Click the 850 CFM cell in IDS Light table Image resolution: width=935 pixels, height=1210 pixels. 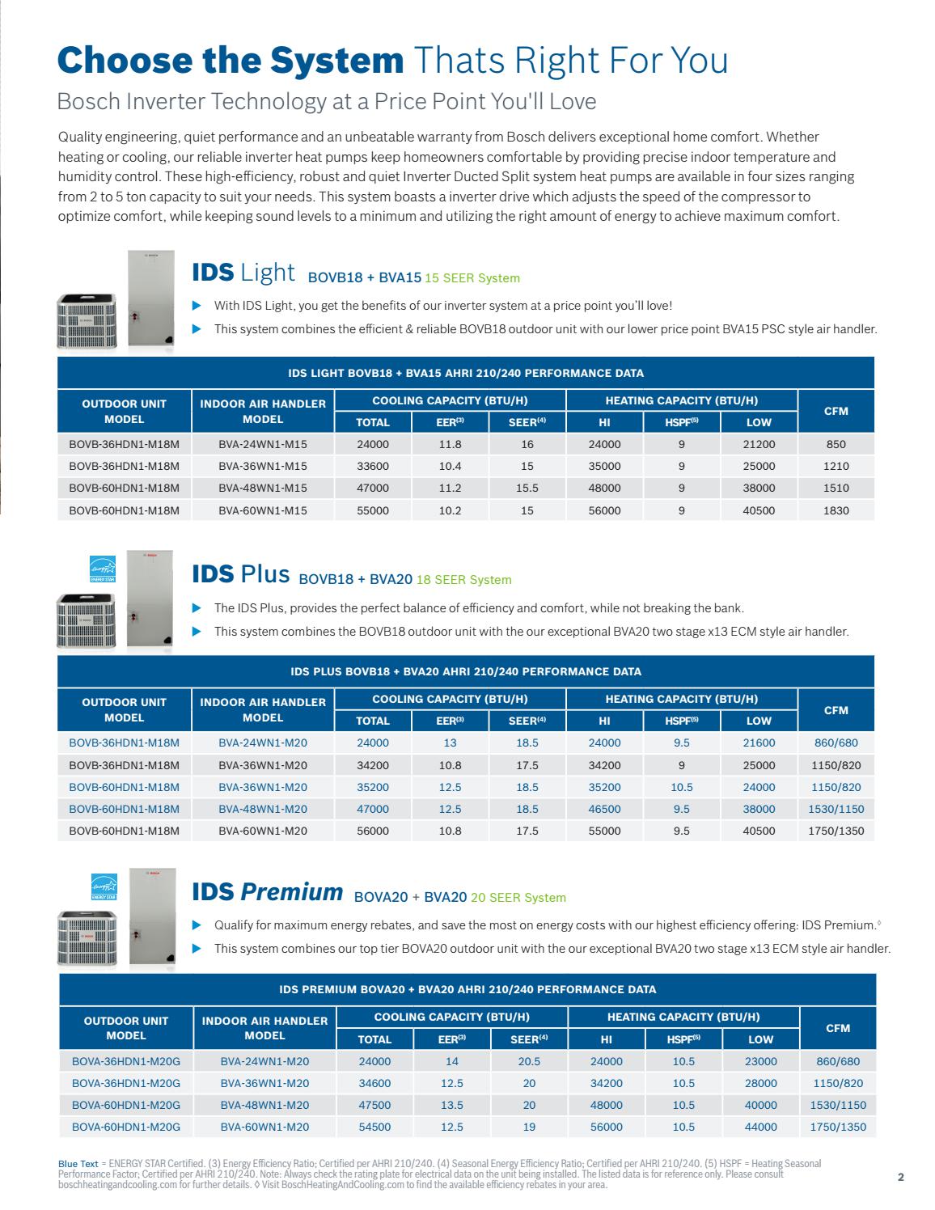(836, 444)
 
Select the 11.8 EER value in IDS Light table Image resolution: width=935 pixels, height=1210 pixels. (450, 444)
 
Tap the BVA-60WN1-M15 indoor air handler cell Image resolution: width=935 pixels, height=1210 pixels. (263, 510)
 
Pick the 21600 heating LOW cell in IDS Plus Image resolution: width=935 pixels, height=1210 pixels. (759, 742)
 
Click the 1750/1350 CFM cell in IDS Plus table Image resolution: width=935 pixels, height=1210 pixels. (836, 831)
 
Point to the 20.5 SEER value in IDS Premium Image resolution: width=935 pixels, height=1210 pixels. (529, 1061)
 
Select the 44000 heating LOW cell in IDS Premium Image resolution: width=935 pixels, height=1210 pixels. (760, 1127)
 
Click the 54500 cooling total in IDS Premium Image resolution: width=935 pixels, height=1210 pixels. (374, 1127)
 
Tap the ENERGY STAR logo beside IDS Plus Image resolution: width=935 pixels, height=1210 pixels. (103, 569)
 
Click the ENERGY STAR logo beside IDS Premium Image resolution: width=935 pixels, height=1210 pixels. (104, 886)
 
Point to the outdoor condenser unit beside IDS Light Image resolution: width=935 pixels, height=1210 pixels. (86, 321)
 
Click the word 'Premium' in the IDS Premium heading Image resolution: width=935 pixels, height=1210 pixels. (292, 892)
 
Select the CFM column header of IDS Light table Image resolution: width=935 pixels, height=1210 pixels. (836, 411)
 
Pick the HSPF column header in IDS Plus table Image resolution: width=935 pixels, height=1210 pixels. (681, 721)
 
